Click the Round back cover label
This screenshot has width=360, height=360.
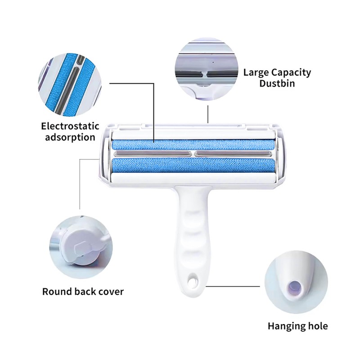[x=83, y=291]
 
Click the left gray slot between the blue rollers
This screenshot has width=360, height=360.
[x=153, y=154]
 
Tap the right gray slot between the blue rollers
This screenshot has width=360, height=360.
[x=234, y=154]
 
